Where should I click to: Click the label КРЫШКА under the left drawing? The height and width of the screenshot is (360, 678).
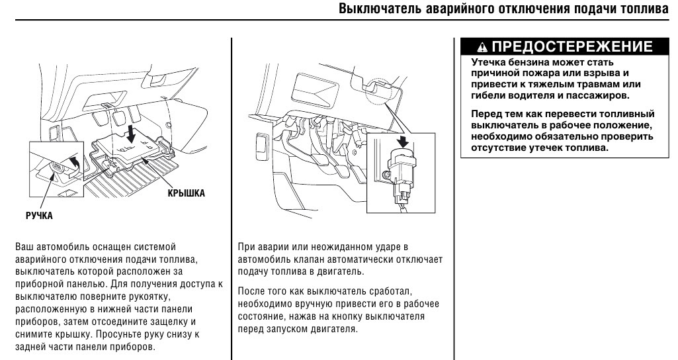pos(185,193)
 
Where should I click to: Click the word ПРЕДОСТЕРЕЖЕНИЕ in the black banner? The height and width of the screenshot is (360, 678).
pos(572,47)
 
